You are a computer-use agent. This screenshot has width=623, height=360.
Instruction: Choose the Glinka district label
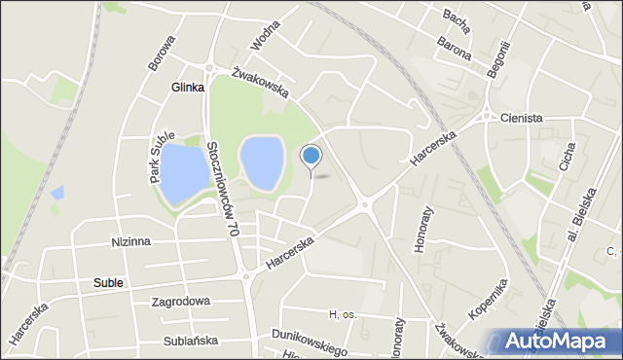coord(187,87)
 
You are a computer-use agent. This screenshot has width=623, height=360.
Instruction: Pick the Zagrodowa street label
coord(180,302)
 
